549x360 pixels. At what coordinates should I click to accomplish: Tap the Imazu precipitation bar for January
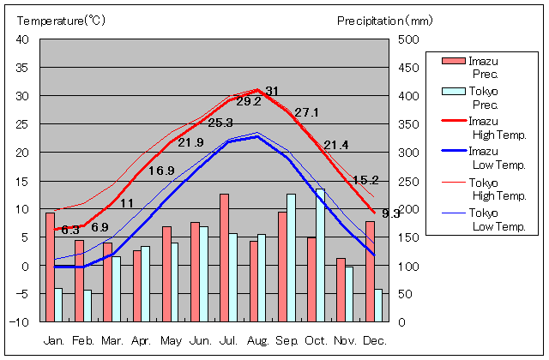(50, 267)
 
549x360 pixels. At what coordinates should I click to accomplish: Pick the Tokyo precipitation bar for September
(292, 258)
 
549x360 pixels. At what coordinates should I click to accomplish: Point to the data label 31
(272, 91)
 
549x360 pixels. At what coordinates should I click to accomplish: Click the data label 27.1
(306, 112)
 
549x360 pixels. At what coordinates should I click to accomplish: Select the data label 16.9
(161, 171)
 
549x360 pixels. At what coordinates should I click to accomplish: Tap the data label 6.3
(70, 230)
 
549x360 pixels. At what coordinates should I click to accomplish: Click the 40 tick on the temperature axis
(23, 39)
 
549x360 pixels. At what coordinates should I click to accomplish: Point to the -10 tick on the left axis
(21, 322)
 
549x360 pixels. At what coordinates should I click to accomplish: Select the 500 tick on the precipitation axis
(408, 39)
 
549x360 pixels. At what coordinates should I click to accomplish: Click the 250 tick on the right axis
(408, 181)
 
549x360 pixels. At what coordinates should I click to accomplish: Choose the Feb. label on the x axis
(84, 340)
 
